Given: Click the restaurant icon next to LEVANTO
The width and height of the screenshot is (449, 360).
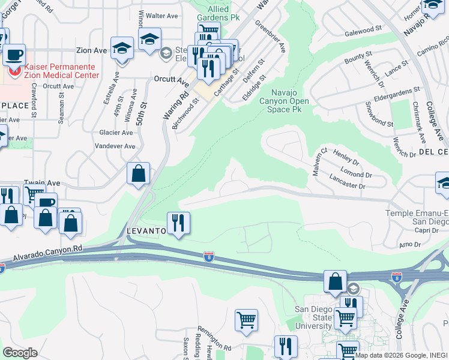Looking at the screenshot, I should point(178,223).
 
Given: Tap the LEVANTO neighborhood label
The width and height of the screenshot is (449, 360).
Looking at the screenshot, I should point(145,231).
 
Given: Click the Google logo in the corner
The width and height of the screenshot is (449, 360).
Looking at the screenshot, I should point(20,352).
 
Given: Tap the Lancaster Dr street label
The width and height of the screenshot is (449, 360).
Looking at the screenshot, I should point(348,182).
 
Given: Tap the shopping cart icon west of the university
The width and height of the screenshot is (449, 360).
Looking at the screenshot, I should point(247,319).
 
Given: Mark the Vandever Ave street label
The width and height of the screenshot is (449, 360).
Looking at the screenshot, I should point(115,146).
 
